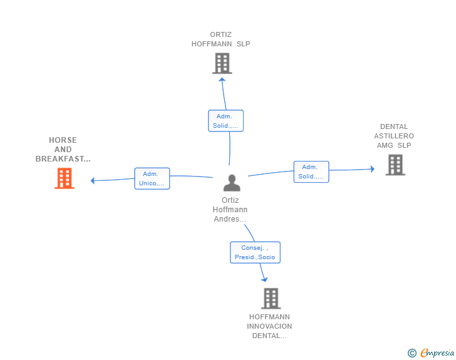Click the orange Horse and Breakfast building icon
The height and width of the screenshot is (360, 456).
click(65, 178)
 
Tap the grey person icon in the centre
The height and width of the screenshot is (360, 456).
click(232, 183)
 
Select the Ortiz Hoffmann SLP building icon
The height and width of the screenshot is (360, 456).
click(222, 63)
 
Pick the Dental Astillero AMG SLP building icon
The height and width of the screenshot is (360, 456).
click(395, 165)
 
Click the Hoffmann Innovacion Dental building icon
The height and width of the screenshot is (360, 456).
click(271, 299)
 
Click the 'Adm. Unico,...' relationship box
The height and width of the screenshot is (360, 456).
click(152, 178)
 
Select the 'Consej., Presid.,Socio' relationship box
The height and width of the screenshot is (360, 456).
click(255, 252)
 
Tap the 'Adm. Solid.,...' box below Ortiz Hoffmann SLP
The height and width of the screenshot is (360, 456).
click(225, 121)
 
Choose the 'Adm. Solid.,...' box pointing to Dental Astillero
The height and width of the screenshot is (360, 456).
click(311, 172)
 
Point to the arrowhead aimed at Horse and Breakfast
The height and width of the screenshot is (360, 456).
click(93, 180)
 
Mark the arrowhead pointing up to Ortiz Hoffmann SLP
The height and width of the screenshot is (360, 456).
click(222, 80)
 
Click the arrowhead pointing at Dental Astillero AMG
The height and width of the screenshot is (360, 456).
click(373, 169)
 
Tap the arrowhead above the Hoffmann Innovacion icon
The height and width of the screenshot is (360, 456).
click(264, 280)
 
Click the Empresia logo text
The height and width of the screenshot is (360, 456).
click(437, 352)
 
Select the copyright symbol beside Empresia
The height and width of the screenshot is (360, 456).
click(412, 353)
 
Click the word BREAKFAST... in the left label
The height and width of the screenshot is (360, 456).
click(63, 159)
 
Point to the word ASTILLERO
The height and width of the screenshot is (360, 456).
click(394, 136)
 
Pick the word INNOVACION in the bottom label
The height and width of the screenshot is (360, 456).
click(269, 326)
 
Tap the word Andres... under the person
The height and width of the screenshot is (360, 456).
click(230, 219)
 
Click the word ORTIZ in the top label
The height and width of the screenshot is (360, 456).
click(220, 34)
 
